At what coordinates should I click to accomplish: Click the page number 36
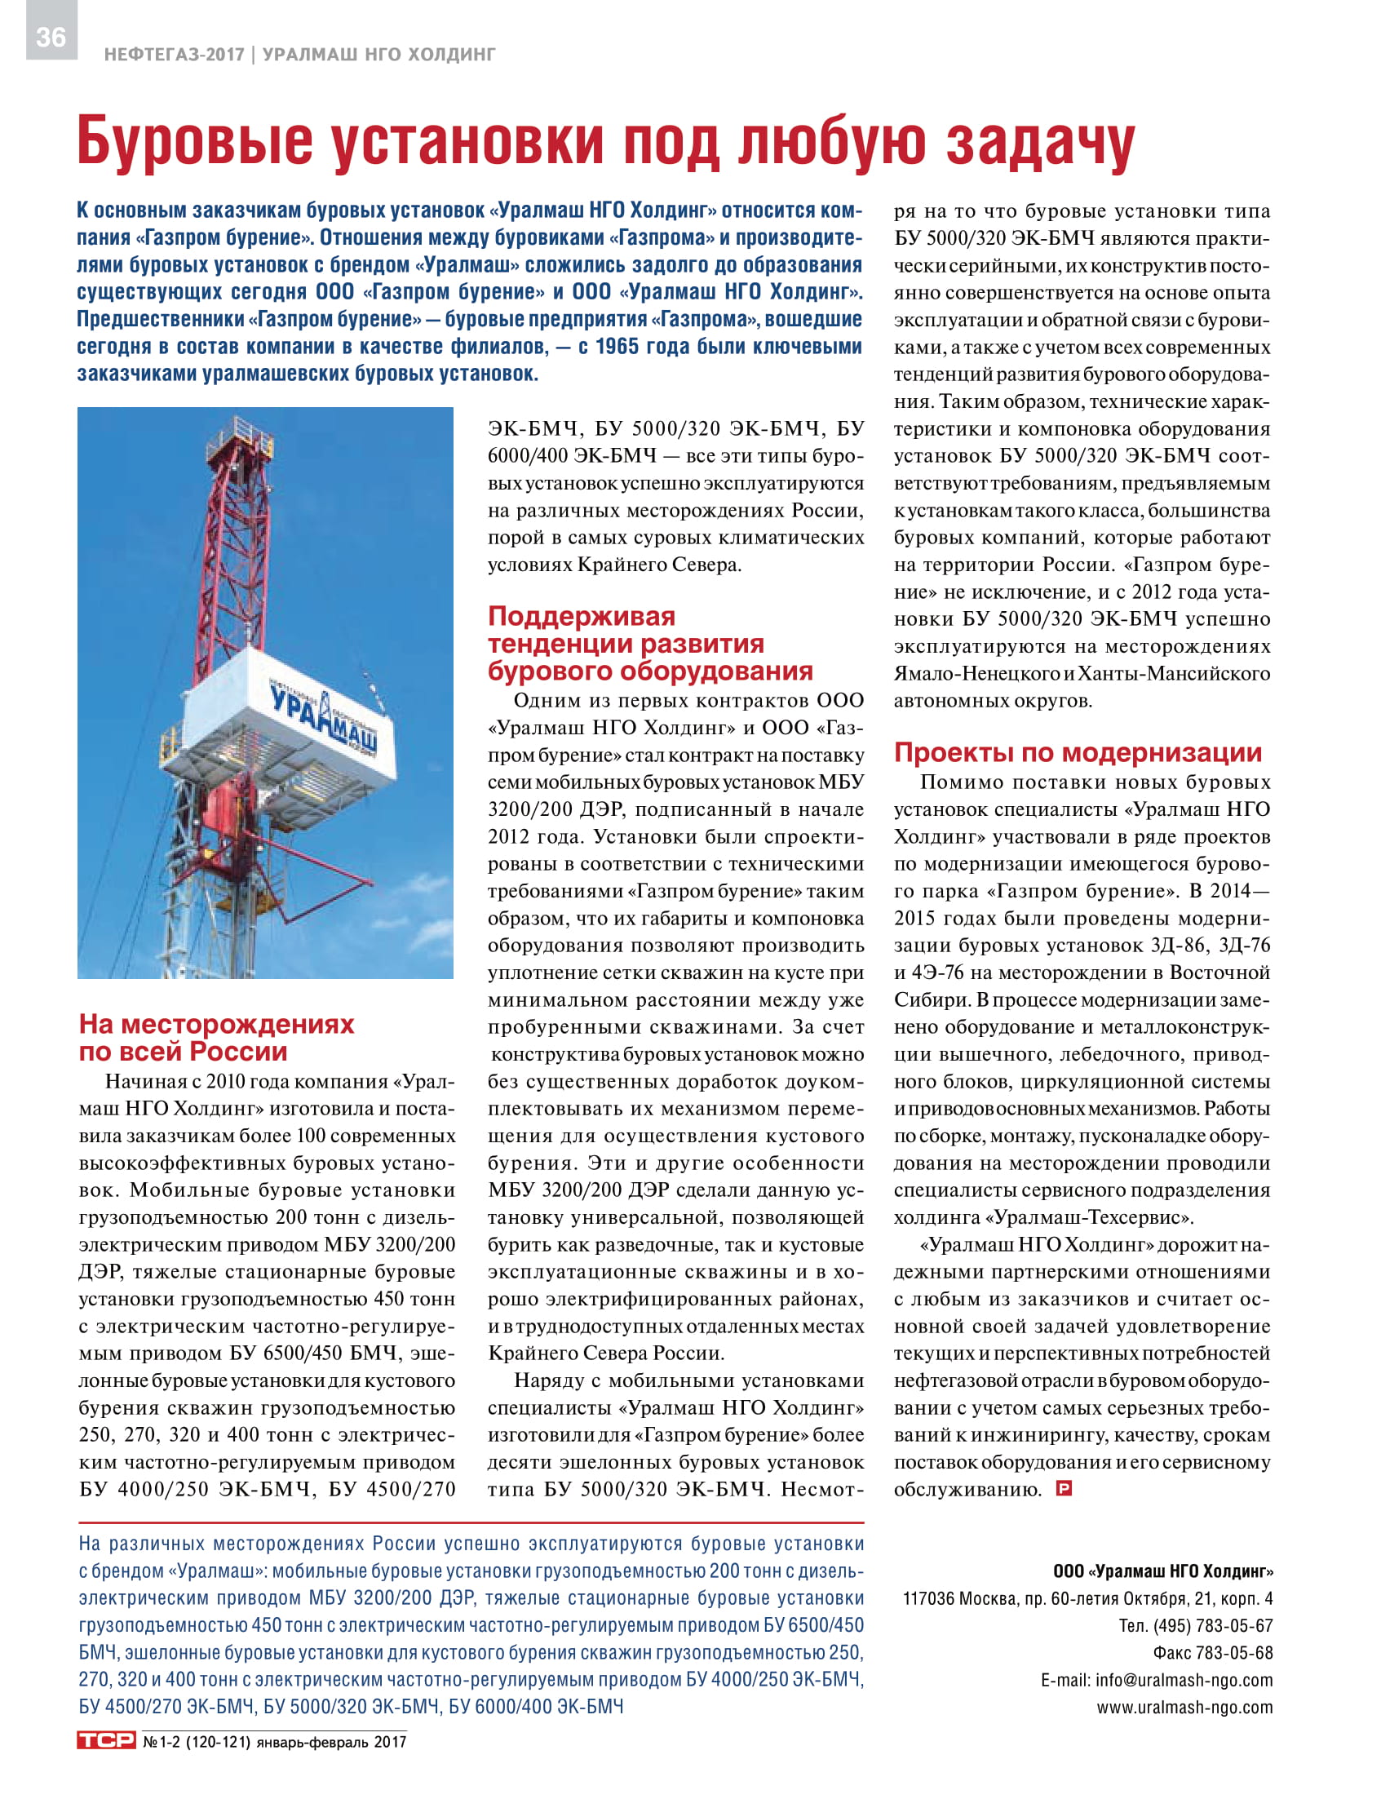(51, 37)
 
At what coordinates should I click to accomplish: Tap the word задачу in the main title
(1039, 141)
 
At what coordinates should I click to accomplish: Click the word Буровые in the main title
(195, 141)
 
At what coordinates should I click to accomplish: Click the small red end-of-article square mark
(1064, 1487)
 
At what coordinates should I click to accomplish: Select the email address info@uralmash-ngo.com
(1184, 1680)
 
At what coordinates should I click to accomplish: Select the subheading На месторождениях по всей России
(216, 1038)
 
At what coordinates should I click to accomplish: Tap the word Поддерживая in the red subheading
(581, 617)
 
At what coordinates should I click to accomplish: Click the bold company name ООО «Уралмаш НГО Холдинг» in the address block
(1162, 1571)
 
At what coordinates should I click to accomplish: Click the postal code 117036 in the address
(929, 1598)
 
